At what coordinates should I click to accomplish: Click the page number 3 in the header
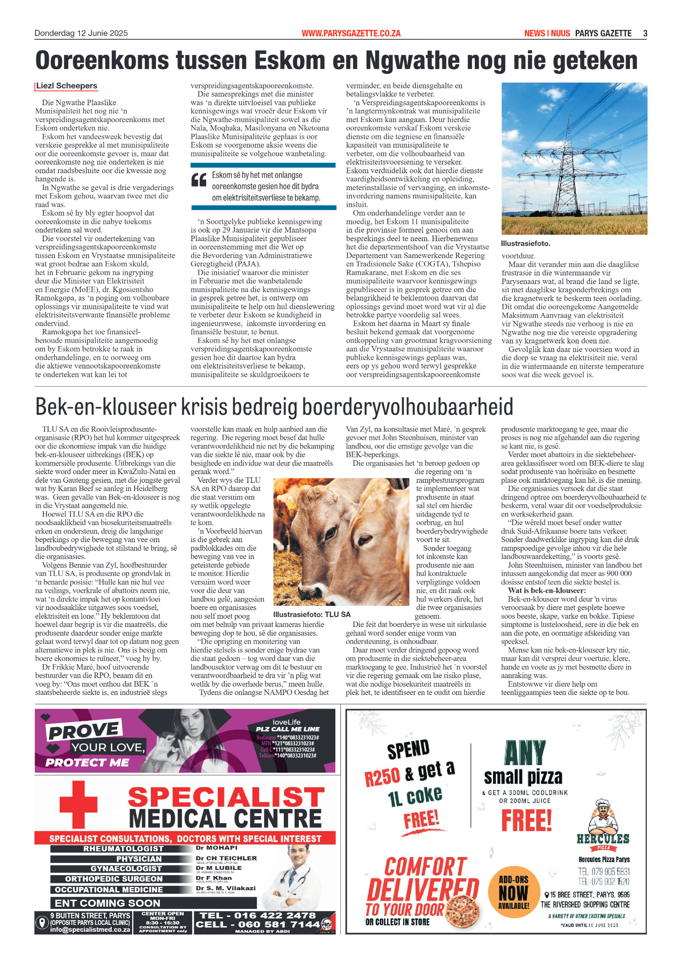[x=645, y=33]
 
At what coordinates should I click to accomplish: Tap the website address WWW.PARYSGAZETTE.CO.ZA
[x=351, y=33]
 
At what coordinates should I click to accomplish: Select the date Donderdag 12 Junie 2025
[x=81, y=33]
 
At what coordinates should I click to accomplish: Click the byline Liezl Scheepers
[x=67, y=86]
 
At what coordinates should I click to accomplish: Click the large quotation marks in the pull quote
[x=199, y=180]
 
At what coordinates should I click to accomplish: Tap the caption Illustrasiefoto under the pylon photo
[x=525, y=243]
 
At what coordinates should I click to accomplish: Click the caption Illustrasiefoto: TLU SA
[x=311, y=614]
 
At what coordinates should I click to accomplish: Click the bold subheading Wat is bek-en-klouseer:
[x=547, y=591]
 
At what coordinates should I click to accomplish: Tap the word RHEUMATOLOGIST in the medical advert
[x=123, y=849]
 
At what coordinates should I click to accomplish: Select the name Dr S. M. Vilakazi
[x=225, y=888]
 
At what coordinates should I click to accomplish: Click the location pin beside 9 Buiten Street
[x=42, y=922]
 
